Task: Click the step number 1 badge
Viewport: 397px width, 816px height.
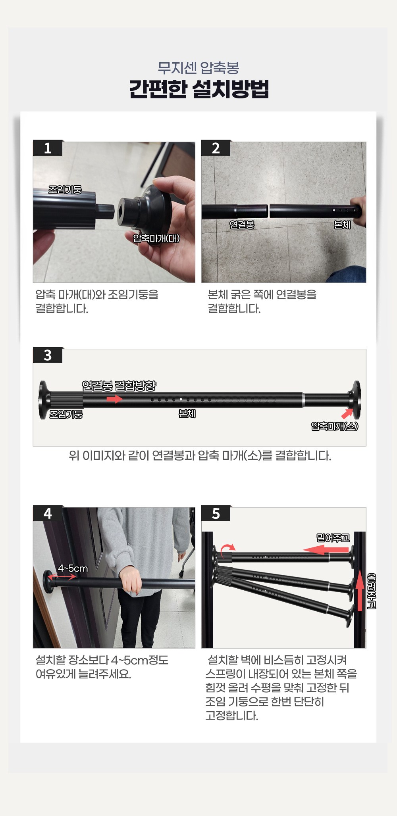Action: tap(48, 148)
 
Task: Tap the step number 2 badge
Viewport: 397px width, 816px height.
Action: tap(216, 148)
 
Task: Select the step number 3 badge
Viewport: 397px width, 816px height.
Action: tap(48, 355)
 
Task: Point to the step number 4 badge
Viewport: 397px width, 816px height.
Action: tap(48, 513)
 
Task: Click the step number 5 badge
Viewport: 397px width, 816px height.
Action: tap(216, 513)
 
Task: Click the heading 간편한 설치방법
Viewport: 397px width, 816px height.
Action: tap(199, 89)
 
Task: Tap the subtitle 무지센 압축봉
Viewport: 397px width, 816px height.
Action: tap(198, 68)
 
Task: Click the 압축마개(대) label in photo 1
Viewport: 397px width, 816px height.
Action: tap(156, 238)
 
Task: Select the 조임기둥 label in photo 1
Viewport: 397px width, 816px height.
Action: tap(65, 190)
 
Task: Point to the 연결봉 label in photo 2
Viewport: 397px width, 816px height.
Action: tap(242, 225)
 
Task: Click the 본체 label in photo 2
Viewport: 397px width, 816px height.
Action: tap(342, 225)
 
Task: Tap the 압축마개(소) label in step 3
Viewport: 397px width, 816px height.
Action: tap(335, 426)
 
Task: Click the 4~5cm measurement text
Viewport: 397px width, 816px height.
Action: tap(73, 568)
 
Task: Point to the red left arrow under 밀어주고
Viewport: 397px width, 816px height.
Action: tap(326, 550)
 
